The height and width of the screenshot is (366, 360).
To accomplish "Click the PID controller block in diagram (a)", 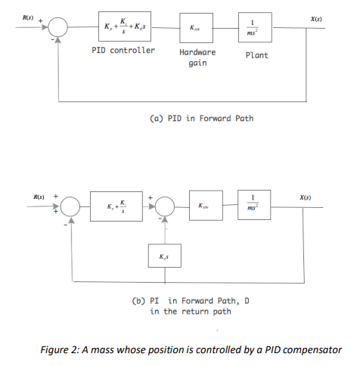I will [124, 28].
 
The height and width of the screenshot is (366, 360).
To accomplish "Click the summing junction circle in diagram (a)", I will [59, 29].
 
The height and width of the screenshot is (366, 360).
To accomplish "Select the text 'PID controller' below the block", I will [124, 51].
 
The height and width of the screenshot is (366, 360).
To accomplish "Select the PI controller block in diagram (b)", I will [121, 206].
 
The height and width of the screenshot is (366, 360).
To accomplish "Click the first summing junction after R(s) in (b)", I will [70, 206].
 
